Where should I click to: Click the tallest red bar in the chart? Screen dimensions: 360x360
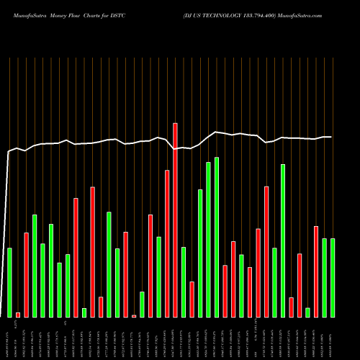[175, 220]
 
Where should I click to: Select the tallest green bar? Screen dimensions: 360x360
[217, 237]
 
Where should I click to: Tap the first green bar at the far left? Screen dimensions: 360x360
[9, 282]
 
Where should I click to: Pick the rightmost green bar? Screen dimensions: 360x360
[333, 277]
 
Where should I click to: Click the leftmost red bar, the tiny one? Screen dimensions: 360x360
[18, 315]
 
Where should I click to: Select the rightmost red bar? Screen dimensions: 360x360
[316, 271]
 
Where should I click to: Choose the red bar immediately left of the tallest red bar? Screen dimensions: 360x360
[167, 243]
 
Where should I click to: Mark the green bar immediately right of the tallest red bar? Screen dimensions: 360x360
[184, 282]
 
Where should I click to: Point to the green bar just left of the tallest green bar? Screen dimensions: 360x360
[208, 239]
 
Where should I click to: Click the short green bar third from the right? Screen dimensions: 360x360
[307, 312]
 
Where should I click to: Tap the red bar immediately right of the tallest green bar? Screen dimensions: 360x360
[225, 291]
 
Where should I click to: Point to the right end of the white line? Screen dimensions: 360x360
[330, 137]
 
